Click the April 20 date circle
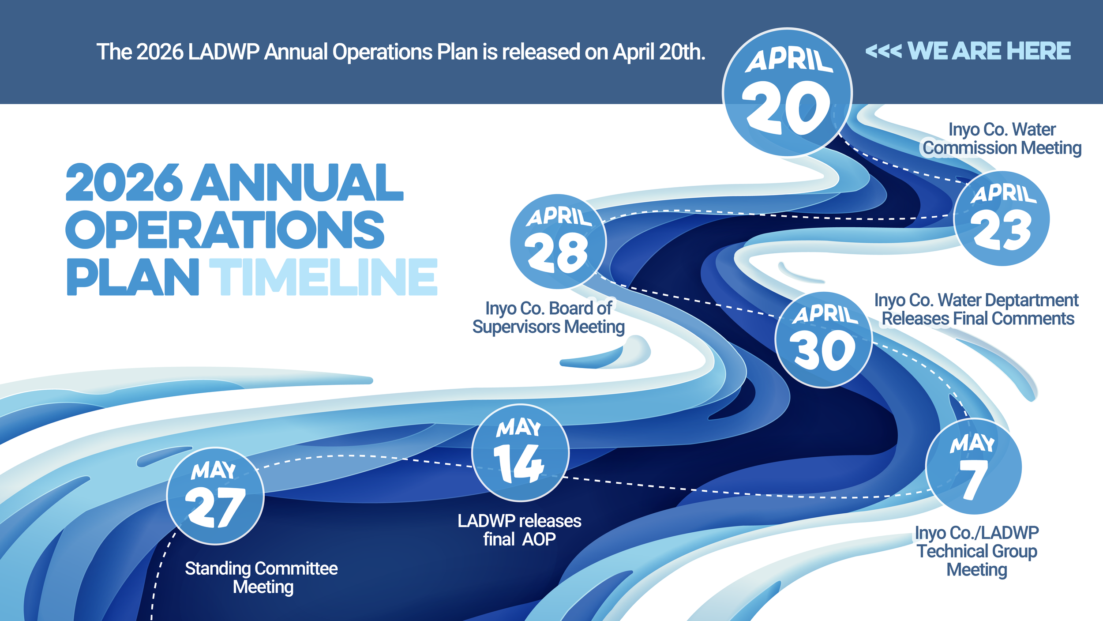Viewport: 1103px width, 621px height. click(787, 93)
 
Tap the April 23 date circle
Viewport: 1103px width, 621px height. click(1002, 218)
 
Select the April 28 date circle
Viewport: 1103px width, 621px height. click(558, 242)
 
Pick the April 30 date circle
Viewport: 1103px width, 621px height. click(824, 340)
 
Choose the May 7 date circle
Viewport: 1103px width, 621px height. click(974, 467)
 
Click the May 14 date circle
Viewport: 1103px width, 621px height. click(521, 453)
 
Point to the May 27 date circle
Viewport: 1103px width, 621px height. click(215, 496)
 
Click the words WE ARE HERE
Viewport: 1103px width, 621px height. click(989, 51)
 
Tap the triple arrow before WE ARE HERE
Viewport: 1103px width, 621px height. click(883, 51)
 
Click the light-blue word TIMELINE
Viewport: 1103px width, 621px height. click(323, 277)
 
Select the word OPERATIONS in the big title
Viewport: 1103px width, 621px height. click(225, 229)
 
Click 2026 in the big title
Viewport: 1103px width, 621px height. click(124, 182)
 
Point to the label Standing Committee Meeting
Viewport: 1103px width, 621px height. click(262, 578)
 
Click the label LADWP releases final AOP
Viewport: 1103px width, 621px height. click(519, 530)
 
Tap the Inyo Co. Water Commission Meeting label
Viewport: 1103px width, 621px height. click(1002, 139)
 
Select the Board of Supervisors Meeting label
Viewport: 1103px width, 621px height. click(548, 317)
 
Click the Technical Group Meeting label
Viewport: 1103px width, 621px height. click(977, 551)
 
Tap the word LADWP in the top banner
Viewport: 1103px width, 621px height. click(224, 52)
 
